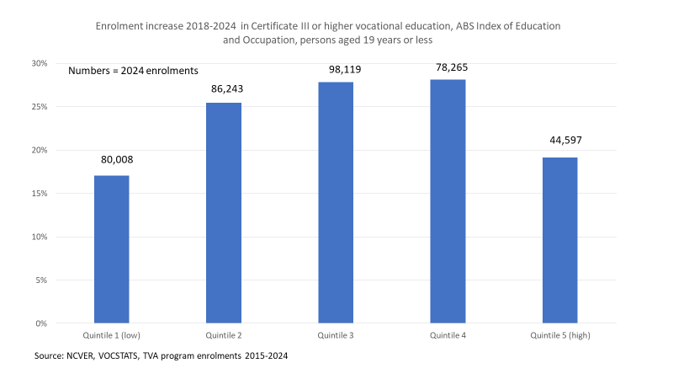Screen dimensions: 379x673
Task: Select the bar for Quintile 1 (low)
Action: [x=111, y=249]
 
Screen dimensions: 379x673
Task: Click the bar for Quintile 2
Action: [x=224, y=213]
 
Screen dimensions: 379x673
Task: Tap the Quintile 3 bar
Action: [x=336, y=203]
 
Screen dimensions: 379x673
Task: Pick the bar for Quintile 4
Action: [x=448, y=201]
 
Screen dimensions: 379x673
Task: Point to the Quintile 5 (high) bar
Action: [x=559, y=240]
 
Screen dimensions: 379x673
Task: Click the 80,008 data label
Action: [x=111, y=159]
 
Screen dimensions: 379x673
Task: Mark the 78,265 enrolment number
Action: [x=448, y=63]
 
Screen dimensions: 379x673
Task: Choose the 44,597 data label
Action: [x=559, y=141]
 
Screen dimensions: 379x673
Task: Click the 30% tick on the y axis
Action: [x=40, y=63]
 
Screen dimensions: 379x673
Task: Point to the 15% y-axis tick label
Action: [x=40, y=194]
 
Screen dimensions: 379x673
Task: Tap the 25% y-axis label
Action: [x=40, y=107]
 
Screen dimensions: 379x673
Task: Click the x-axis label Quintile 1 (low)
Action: [x=111, y=334]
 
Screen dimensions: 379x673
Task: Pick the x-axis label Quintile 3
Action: [x=336, y=334]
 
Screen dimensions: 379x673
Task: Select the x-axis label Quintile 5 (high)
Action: [x=559, y=334]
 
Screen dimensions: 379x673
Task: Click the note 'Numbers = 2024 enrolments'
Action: [x=132, y=72]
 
